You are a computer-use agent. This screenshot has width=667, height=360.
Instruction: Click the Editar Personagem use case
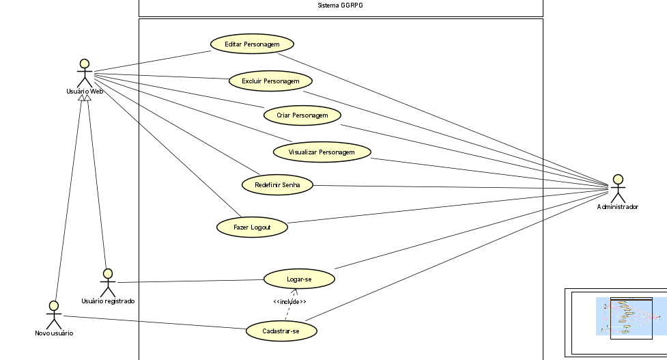(251, 44)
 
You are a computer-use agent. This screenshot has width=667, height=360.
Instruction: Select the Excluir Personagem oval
(271, 81)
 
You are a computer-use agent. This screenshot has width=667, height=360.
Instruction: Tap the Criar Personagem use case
(302, 115)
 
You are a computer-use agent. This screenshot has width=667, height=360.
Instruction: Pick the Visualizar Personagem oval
(322, 151)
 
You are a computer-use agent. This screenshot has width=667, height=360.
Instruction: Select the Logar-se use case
(299, 279)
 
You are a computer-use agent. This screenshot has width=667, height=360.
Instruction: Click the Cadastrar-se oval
(281, 331)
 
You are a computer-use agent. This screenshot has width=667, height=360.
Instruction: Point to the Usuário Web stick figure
(84, 73)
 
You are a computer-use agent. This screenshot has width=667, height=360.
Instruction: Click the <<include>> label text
(289, 302)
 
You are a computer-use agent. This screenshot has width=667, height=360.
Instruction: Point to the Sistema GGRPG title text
(340, 6)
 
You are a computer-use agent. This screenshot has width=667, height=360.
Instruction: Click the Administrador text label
(617, 207)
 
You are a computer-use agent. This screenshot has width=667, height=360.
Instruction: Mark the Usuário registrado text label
(108, 301)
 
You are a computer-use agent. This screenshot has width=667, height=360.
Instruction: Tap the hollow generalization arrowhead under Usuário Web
(84, 99)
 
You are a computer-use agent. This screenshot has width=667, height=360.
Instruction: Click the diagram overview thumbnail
(615, 322)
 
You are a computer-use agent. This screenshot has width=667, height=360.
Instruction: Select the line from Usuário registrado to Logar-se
(191, 281)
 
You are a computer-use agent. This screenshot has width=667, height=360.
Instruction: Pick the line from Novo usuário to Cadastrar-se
(154, 322)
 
